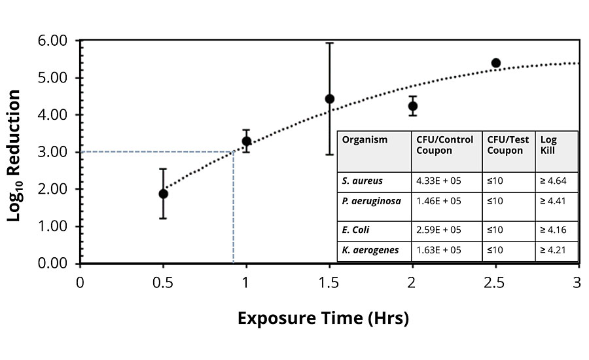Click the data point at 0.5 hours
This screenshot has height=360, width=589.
click(163, 194)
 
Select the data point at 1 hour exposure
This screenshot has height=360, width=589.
click(247, 141)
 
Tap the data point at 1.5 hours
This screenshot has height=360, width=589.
click(330, 99)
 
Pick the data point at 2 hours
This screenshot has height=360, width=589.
click(412, 106)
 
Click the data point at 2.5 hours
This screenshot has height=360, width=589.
click(495, 63)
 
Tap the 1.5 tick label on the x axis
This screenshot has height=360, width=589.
click(329, 283)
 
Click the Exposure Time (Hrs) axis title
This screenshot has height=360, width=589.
click(323, 319)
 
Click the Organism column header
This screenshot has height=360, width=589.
click(365, 140)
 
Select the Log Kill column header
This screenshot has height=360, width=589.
click(548, 145)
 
